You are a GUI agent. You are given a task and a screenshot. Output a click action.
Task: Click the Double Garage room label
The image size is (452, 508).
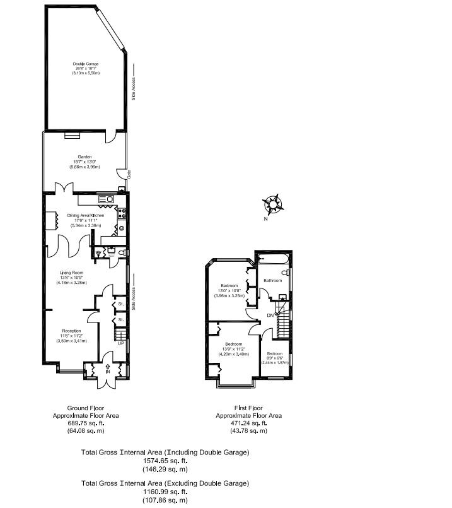point(86,64)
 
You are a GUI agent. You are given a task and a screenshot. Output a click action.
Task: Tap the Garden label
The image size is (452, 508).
point(85,157)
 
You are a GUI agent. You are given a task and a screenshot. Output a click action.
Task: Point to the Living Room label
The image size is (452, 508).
point(72,272)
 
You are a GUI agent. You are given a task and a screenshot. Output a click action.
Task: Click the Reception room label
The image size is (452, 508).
point(71,331)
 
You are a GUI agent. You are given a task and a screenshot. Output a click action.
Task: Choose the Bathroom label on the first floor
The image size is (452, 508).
point(272,280)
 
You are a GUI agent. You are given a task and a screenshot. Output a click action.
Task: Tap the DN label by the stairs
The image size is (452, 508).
point(270,315)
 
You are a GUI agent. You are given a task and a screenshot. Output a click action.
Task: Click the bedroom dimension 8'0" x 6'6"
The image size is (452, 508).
point(275,358)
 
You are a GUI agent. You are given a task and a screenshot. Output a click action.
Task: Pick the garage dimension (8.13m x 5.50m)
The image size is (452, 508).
point(86,74)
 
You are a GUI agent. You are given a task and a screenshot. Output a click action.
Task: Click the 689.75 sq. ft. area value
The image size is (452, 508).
point(85,423)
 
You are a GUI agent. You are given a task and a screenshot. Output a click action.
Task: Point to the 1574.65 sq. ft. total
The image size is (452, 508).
point(166,461)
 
